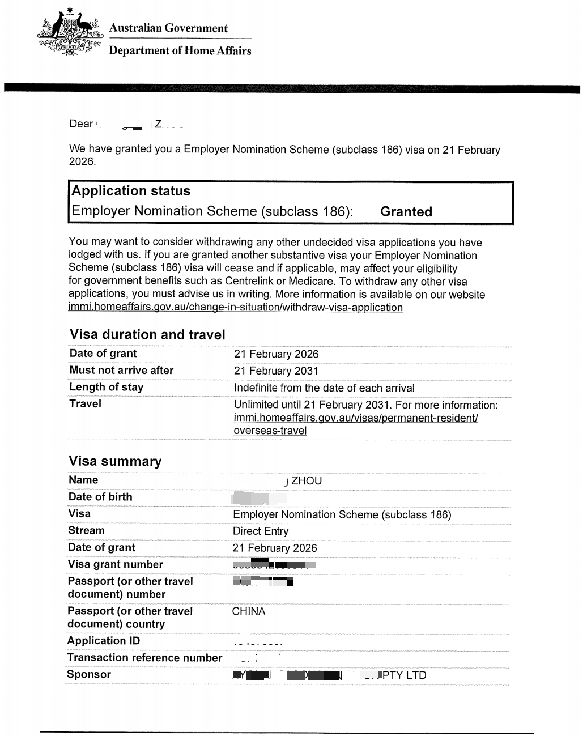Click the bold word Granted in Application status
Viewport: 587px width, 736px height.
pos(406,212)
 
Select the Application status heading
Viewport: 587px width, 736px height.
pos(131,191)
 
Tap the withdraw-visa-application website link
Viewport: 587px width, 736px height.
pos(236,308)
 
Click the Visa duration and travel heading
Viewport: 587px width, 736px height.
pos(147,335)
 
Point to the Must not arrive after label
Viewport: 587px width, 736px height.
pos(121,371)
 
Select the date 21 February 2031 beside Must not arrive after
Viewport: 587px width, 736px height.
pos(276,371)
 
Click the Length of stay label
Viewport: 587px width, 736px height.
pos(106,388)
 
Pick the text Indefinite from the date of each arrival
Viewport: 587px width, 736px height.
pos(324,388)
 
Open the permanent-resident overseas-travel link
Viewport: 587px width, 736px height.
pos(355,418)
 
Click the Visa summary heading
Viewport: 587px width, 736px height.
pos(115,461)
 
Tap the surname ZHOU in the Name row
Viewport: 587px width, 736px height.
pos(306,481)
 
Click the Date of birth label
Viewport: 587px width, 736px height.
pos(100,497)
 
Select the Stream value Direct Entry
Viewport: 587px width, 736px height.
pos(261,531)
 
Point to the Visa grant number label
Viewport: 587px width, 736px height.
pos(115,564)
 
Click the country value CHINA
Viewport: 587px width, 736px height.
pos(248,612)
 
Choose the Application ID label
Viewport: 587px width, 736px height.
pos(103,641)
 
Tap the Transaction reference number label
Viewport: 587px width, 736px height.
pos(144,658)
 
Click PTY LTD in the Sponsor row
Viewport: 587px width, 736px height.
pos(405,675)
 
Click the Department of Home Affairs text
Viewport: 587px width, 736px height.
pos(180,51)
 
